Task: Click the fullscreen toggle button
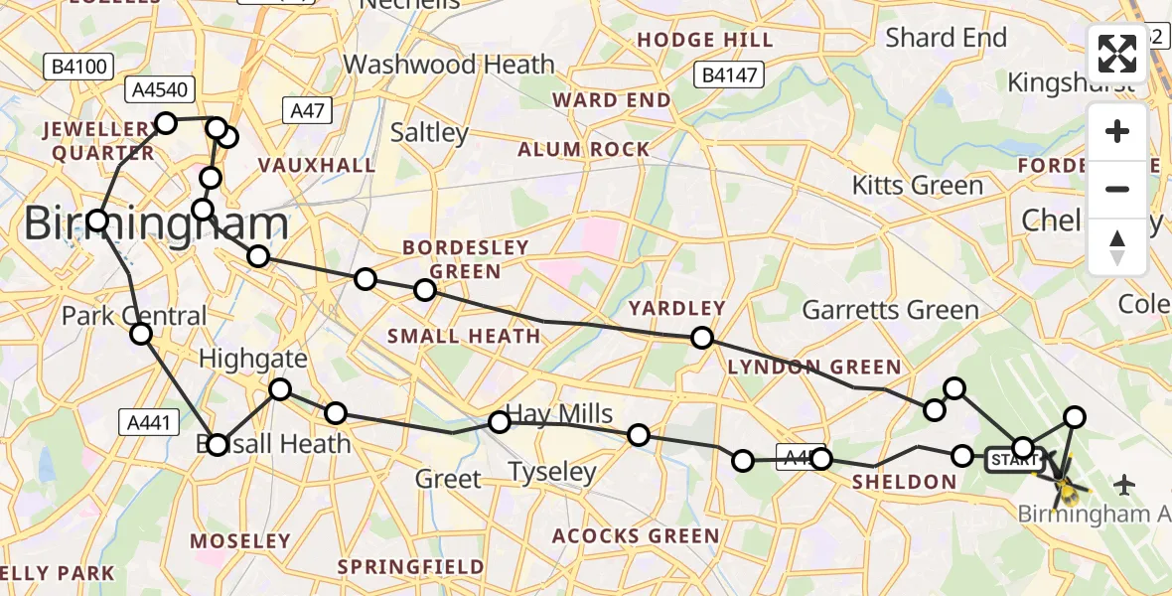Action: coord(1117,54)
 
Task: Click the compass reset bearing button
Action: coord(1117,246)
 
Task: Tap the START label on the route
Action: coord(1013,459)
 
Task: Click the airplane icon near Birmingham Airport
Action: coord(1124,484)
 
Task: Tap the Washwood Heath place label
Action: coord(449,65)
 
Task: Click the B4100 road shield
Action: coord(77,67)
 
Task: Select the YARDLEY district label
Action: coord(676,308)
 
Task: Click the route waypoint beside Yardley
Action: coord(702,338)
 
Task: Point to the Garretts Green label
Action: coord(890,310)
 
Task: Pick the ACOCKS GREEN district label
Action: coord(636,536)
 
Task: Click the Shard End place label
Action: coord(946,38)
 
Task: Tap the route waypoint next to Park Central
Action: coord(141,334)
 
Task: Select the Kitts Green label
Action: coord(918,185)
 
